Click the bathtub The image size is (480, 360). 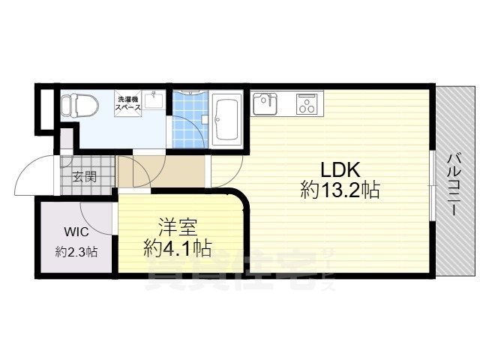[x=226, y=119]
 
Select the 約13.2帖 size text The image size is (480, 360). [x=340, y=190]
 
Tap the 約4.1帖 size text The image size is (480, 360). [x=177, y=247]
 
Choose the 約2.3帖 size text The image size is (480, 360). [x=76, y=253]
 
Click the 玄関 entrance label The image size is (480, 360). [x=84, y=178]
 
